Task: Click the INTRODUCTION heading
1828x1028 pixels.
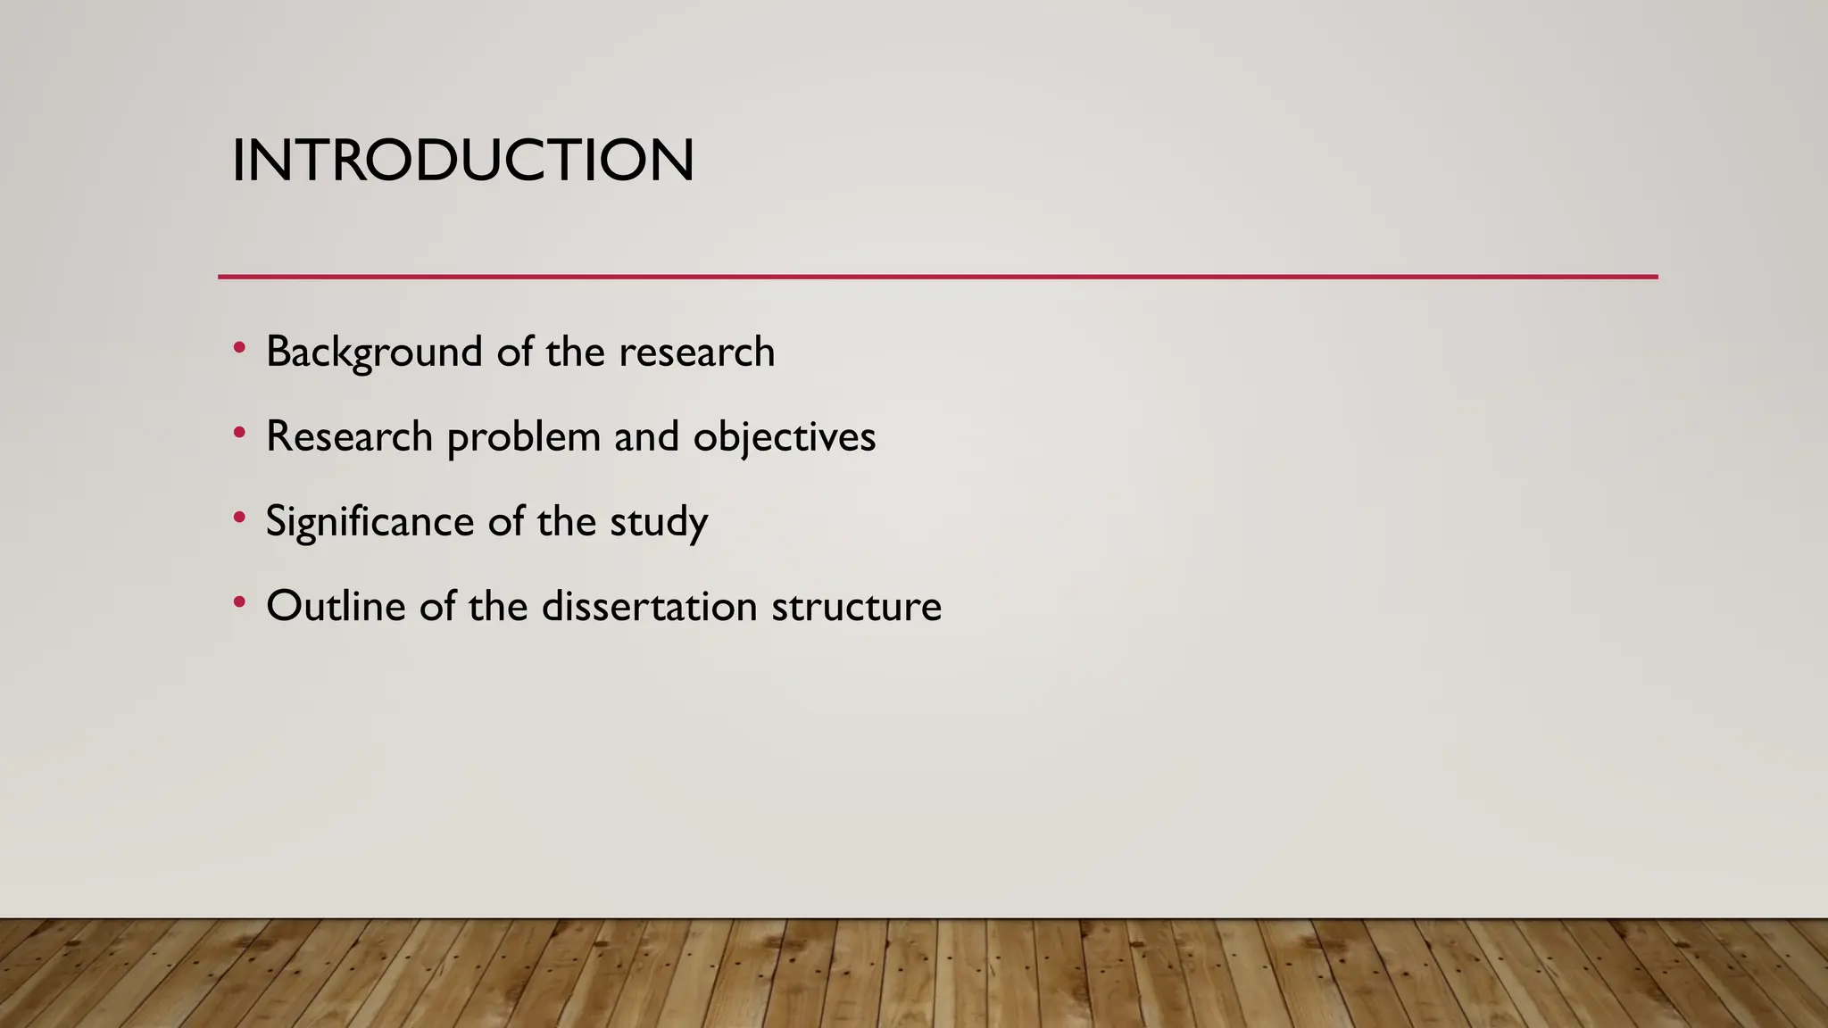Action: click(x=462, y=161)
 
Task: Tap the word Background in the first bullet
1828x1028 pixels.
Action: click(x=374, y=352)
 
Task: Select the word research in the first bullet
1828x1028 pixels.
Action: click(x=696, y=352)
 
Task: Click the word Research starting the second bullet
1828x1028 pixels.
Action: click(x=349, y=437)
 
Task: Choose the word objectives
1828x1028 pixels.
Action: click(x=784, y=437)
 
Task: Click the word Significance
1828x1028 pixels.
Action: click(x=370, y=522)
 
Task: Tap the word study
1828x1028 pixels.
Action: click(x=659, y=522)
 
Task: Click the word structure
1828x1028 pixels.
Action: click(x=856, y=607)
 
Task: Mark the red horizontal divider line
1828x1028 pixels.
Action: click(x=937, y=277)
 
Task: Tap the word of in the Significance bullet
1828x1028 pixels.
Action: click(x=506, y=522)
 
